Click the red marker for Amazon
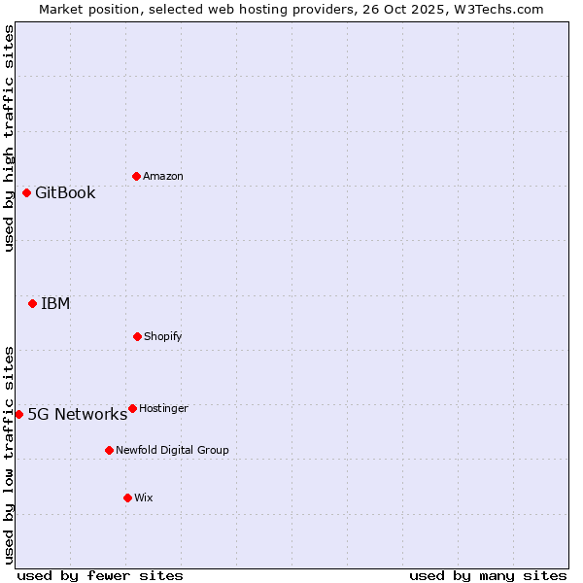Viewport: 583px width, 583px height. (136, 176)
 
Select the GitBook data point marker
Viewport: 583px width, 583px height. (26, 192)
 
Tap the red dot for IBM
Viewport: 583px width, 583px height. (32, 303)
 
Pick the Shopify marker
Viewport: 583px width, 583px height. (137, 336)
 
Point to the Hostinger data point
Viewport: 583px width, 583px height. (132, 408)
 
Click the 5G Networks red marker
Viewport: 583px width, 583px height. (18, 414)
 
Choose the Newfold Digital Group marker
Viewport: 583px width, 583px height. (109, 450)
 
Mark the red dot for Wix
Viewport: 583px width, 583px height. (127, 497)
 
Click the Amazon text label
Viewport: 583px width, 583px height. (163, 176)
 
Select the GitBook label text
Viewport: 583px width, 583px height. (65, 192)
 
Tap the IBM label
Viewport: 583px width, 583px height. (55, 303)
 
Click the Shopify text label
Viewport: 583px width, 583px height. (163, 336)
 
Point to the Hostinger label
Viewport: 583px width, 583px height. (163, 408)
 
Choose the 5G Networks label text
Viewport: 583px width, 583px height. (77, 414)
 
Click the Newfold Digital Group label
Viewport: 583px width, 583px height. (172, 450)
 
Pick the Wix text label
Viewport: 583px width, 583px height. (144, 497)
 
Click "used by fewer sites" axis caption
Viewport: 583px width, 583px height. (100, 575)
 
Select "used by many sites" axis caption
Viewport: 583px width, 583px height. (488, 575)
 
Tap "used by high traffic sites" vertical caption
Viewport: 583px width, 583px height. (9, 138)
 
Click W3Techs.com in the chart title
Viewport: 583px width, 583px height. (497, 9)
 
